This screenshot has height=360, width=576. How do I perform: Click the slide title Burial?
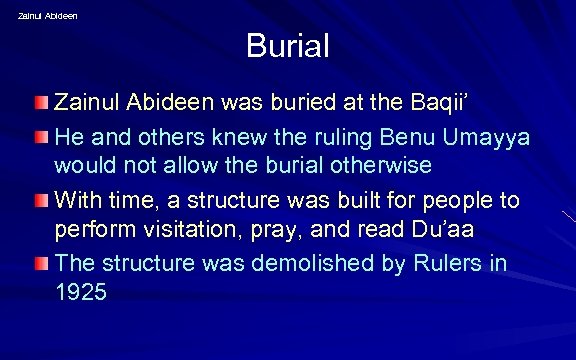tap(287, 46)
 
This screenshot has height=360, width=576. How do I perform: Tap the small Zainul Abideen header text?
tap(48, 15)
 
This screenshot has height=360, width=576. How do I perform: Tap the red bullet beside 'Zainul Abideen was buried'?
tap(42, 103)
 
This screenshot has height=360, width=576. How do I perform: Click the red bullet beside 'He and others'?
tap(42, 135)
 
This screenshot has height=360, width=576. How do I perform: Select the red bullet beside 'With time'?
tap(42, 200)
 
